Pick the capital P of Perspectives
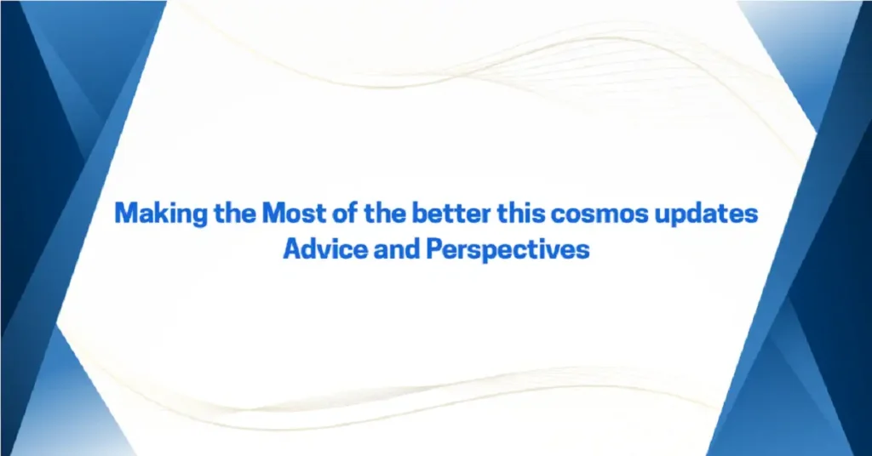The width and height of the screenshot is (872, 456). tap(438, 250)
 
